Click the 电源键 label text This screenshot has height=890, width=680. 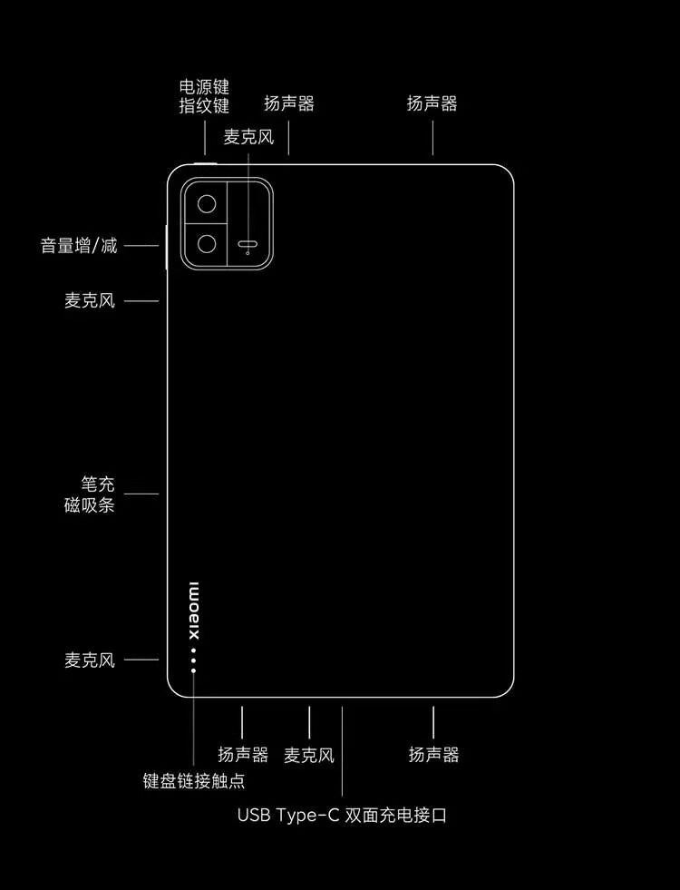204,88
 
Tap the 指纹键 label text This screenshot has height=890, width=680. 204,106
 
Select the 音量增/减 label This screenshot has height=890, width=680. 79,245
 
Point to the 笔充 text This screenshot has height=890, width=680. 97,485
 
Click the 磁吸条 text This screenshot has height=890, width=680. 90,505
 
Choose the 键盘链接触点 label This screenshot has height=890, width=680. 194,780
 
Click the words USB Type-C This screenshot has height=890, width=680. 288,815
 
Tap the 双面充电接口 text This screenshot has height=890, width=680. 396,815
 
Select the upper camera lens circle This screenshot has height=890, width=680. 208,203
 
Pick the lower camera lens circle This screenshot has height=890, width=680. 208,244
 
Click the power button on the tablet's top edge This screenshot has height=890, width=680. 206,164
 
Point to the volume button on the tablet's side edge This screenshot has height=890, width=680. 167,246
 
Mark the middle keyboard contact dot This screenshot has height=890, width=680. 194,660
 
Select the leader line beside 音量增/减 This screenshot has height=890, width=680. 141,245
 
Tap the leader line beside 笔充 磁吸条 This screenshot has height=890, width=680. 141,494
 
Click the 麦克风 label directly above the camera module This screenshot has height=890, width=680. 248,137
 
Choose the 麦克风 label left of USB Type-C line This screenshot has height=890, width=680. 309,755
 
